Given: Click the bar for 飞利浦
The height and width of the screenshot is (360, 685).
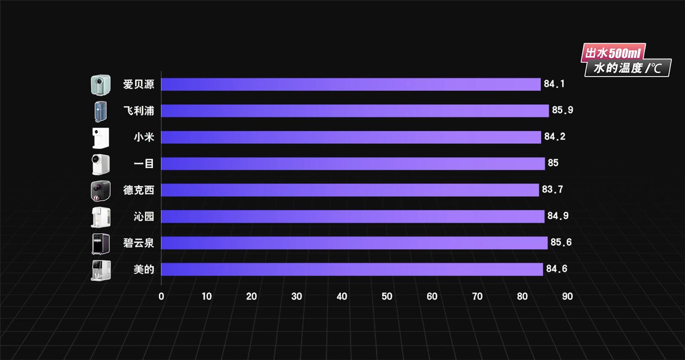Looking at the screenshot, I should (x=354, y=111).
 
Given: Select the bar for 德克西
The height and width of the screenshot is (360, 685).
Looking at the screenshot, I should (x=350, y=190).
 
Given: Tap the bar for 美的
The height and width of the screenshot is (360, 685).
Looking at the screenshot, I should (x=352, y=269).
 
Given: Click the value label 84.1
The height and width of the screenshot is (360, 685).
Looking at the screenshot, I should (x=554, y=84).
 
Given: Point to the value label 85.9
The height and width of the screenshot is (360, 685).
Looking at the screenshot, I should (x=562, y=110).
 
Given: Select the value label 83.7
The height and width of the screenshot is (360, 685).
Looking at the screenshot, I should (x=552, y=189).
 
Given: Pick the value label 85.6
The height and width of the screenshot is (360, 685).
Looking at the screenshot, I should (x=561, y=242).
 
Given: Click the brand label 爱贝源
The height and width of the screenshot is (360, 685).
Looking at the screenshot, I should (x=138, y=84).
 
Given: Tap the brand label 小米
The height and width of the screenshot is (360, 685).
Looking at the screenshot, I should (x=144, y=137).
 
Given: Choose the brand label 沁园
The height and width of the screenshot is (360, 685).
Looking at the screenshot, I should (x=144, y=217).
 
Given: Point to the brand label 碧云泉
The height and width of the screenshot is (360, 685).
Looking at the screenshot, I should (x=138, y=243).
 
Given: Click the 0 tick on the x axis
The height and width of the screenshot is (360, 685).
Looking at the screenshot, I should (x=161, y=296).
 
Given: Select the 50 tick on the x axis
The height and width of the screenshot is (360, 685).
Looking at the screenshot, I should (x=387, y=296).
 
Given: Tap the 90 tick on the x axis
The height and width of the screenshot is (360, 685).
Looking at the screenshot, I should (x=567, y=296).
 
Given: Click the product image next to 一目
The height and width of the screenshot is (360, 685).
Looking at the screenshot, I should (x=101, y=164).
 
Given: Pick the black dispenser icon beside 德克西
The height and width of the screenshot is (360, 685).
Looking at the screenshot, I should (x=101, y=191).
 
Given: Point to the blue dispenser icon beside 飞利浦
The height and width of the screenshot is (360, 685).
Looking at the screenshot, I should (x=101, y=111).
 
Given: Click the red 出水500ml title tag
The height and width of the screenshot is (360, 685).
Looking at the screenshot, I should (x=613, y=53).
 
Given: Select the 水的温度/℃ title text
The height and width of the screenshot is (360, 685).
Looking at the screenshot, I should (x=627, y=68).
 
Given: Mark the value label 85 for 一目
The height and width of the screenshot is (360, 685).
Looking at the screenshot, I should (x=553, y=163).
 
